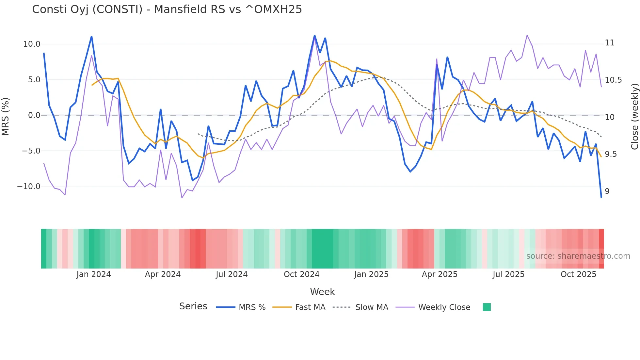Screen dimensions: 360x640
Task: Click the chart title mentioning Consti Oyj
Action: pos(167,9)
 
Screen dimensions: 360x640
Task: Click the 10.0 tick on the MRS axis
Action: pos(32,44)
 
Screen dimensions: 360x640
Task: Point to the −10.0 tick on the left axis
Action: pos(29,187)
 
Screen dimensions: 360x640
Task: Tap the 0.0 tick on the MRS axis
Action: pos(34,115)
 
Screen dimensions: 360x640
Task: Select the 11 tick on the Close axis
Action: pos(609,43)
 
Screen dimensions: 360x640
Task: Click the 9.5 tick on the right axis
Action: pos(611,154)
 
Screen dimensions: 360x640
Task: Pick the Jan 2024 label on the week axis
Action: pos(94,274)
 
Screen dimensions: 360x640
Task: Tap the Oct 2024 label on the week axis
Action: pos(301,274)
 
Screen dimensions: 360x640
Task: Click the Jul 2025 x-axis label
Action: pos(508,274)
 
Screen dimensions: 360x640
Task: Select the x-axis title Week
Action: pos(322,292)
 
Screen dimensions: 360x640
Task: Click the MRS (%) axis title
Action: pos(6,116)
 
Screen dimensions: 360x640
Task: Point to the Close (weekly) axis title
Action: pos(634,116)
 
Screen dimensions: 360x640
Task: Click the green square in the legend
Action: pos(487,307)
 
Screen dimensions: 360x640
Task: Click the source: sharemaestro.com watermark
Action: pos(578,256)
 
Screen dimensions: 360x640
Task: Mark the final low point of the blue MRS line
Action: pos(601,197)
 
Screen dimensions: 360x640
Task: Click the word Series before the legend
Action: pos(193,306)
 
